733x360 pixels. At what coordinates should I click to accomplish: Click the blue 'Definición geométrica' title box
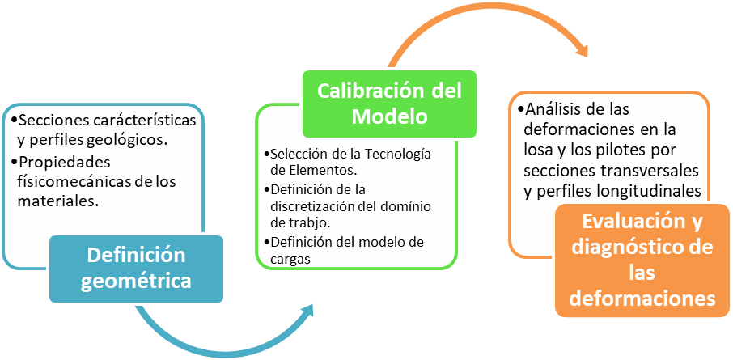(136, 269)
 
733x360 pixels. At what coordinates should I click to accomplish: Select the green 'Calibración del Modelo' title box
(389, 103)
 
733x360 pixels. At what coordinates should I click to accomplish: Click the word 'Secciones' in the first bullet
(56, 120)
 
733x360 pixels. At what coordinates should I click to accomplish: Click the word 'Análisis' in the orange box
(553, 109)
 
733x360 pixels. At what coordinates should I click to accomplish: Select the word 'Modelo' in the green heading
(389, 116)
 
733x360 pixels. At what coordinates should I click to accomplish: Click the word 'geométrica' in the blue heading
(136, 281)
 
